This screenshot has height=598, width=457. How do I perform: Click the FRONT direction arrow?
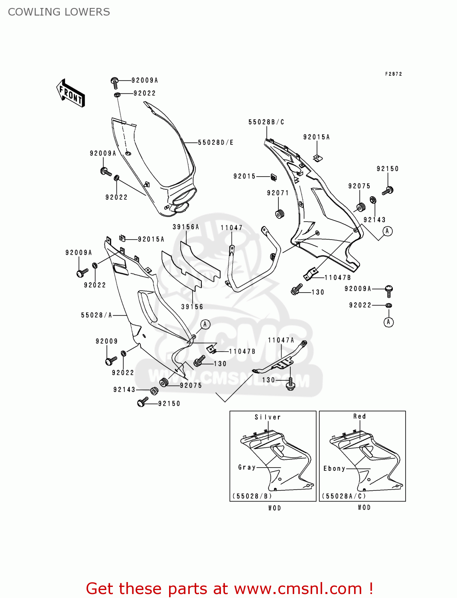point(71,93)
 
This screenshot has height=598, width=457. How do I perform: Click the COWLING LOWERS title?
point(59,12)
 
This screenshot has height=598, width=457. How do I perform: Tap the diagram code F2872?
point(393,74)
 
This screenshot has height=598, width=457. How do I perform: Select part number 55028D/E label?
point(216,142)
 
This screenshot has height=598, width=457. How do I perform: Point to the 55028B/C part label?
point(266,122)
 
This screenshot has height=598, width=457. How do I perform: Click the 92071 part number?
point(278,193)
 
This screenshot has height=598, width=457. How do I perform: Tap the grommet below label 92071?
point(280,214)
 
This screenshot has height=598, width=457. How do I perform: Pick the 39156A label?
point(186,227)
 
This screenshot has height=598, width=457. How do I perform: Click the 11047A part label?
point(281,340)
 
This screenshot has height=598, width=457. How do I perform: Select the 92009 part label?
point(107,341)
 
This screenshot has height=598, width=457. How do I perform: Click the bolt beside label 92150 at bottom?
point(142,403)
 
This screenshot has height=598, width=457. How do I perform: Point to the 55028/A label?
point(97,315)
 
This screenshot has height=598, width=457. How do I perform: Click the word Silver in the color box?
point(268,417)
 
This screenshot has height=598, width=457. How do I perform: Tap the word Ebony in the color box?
point(334,468)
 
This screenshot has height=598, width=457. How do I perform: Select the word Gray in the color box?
point(247,467)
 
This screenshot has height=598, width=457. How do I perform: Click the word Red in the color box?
point(359,416)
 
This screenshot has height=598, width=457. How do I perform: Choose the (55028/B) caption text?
point(252,496)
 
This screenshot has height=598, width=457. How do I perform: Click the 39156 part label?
point(192,307)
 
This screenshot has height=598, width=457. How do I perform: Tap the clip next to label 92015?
point(274,176)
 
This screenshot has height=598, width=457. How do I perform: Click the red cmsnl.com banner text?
point(229,588)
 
